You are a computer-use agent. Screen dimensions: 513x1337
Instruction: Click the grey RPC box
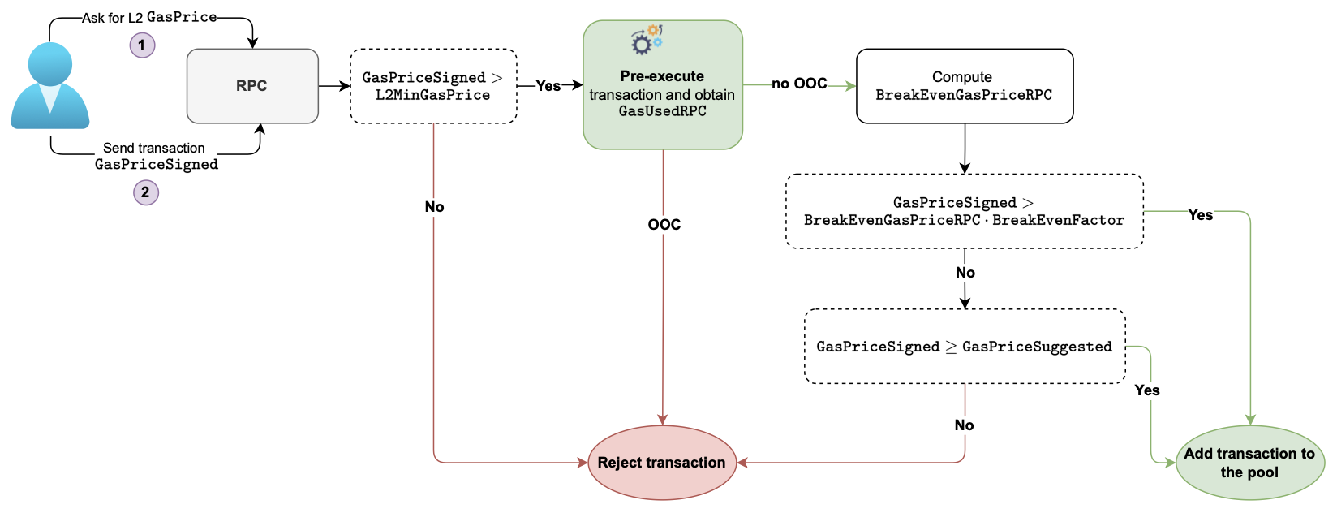pos(251,86)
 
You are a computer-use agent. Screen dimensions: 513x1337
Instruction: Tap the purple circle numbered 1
pos(142,45)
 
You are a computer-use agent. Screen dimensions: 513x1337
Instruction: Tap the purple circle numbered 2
pos(145,192)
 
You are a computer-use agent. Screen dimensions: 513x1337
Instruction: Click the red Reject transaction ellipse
pos(662,463)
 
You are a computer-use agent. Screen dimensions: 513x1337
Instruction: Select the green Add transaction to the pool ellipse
pos(1249,463)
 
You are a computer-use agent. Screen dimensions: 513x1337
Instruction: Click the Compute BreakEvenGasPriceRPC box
pos(964,86)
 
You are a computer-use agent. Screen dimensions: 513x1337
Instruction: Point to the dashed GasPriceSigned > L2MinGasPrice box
pos(433,86)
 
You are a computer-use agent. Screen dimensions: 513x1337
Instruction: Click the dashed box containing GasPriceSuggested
pos(964,347)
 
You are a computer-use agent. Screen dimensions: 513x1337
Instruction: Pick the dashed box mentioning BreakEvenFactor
pos(964,211)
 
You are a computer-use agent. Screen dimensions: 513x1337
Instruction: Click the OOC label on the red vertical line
pos(664,225)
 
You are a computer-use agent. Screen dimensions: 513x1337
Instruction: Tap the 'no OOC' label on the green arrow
pos(799,84)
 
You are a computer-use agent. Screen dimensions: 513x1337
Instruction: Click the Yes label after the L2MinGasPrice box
pos(548,86)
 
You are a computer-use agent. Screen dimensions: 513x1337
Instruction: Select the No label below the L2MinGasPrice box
pos(434,207)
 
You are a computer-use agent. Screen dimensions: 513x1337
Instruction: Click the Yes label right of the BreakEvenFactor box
pos(1200,215)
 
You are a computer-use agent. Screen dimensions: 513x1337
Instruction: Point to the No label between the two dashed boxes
pos(965,273)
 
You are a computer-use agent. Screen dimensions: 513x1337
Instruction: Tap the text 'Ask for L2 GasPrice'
pos(149,17)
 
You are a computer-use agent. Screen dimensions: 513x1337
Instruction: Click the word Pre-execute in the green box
pos(662,76)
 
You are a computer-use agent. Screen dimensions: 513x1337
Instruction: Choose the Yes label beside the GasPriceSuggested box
pos(1146,390)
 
